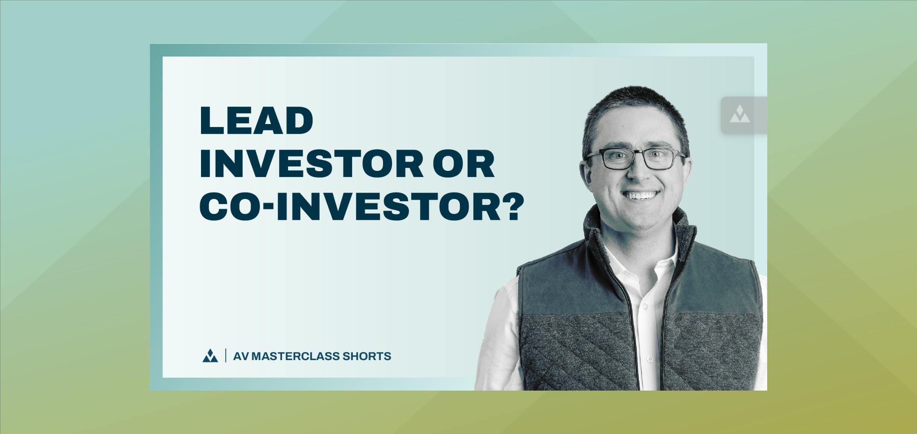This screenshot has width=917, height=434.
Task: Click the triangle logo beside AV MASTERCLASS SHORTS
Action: pos(210,356)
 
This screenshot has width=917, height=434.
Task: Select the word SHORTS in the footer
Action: pos(367,356)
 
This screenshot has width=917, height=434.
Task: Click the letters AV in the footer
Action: pos(241,356)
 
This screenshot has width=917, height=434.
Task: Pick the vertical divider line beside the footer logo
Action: pos(226,355)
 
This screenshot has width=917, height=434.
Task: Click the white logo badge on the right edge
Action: pos(740,114)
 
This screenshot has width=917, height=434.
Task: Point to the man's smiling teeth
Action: pos(641,195)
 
